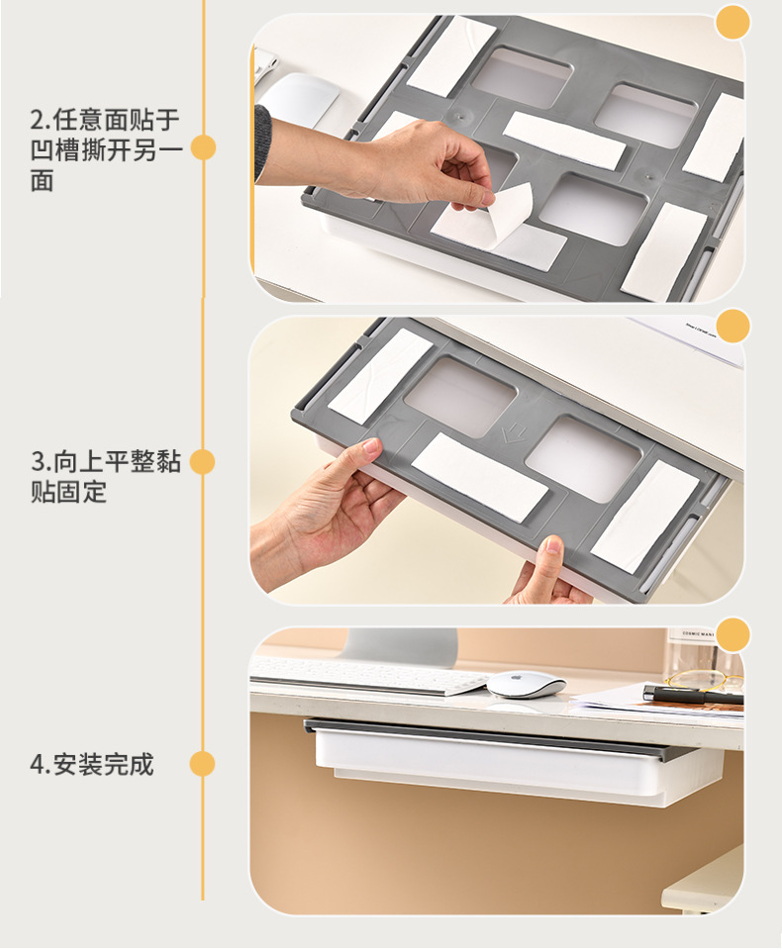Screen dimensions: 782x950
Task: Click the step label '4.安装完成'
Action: click(x=91, y=764)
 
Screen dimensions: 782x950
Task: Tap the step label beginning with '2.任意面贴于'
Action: click(x=106, y=149)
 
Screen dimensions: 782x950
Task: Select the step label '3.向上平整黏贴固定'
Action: click(x=106, y=476)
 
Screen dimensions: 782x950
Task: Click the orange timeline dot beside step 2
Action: click(x=203, y=147)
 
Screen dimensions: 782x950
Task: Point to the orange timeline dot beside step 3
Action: click(x=203, y=462)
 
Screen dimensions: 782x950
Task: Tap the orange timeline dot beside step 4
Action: click(x=203, y=764)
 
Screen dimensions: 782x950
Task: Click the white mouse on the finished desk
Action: click(x=527, y=684)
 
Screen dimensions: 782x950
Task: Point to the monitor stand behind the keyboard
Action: click(x=400, y=647)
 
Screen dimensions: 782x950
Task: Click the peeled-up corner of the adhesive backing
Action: click(x=511, y=209)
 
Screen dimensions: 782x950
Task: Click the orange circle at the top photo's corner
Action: click(x=733, y=23)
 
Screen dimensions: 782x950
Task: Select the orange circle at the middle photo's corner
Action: click(x=733, y=326)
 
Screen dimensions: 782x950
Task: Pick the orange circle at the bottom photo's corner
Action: click(x=733, y=635)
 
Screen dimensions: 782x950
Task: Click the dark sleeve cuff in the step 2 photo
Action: click(x=262, y=145)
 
